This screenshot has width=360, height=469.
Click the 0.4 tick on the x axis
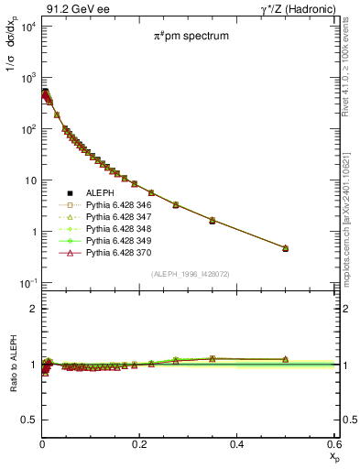point(236,443)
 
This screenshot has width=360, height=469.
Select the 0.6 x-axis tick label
point(333,443)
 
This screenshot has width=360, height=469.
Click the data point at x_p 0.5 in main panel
point(285,248)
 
